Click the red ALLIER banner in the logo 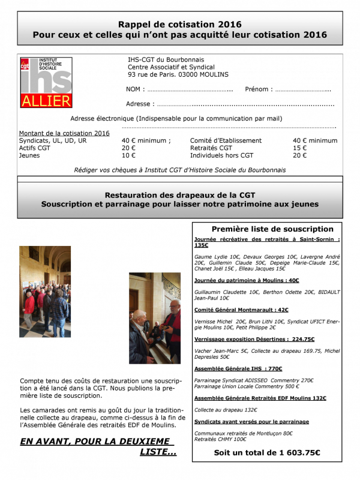[46, 101]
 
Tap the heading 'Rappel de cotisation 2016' [180, 25]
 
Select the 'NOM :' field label [135, 89]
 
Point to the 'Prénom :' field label [259, 89]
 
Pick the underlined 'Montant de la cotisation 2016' [64, 133]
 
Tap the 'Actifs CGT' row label [35, 148]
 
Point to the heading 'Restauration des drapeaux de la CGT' [180, 195]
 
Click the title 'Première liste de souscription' [272, 229]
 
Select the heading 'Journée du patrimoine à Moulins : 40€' [247, 280]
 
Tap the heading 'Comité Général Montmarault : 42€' [241, 310]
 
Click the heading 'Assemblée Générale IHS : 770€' [238, 368]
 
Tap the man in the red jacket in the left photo [29, 306]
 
